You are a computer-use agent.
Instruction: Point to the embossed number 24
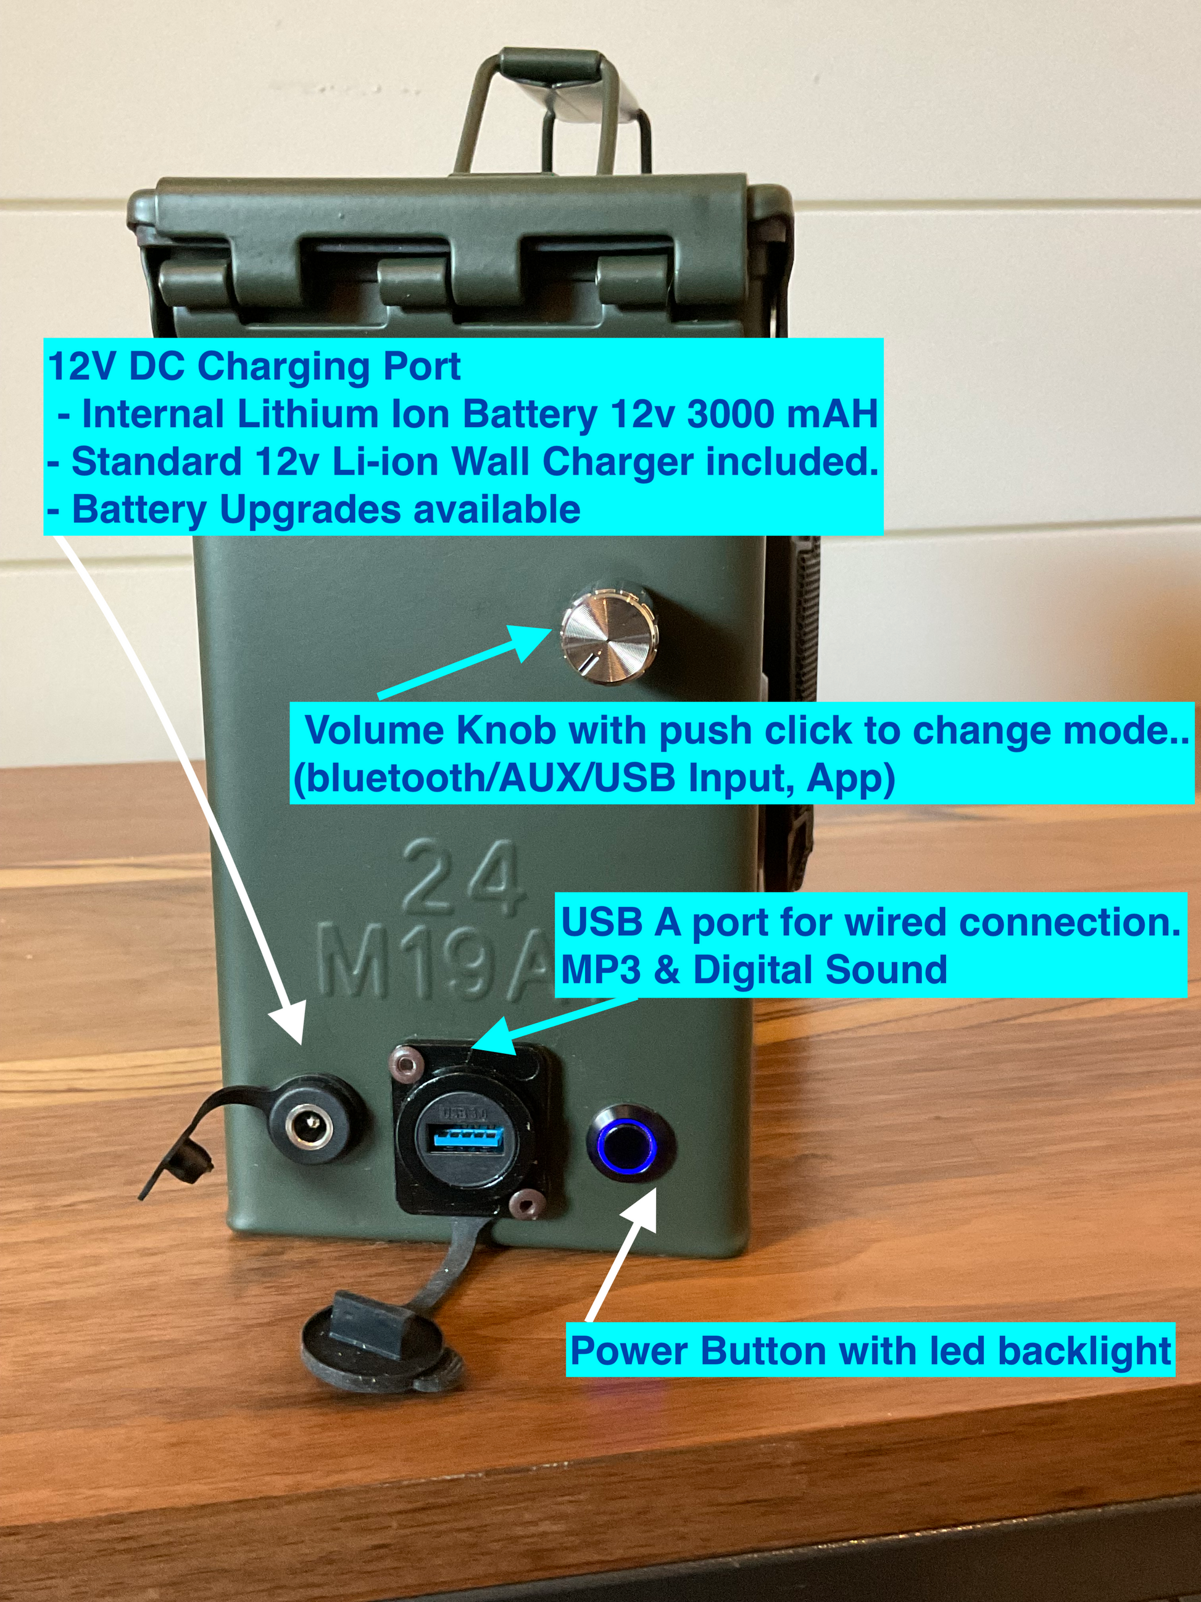click(460, 879)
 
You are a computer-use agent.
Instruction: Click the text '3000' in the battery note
click(731, 415)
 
